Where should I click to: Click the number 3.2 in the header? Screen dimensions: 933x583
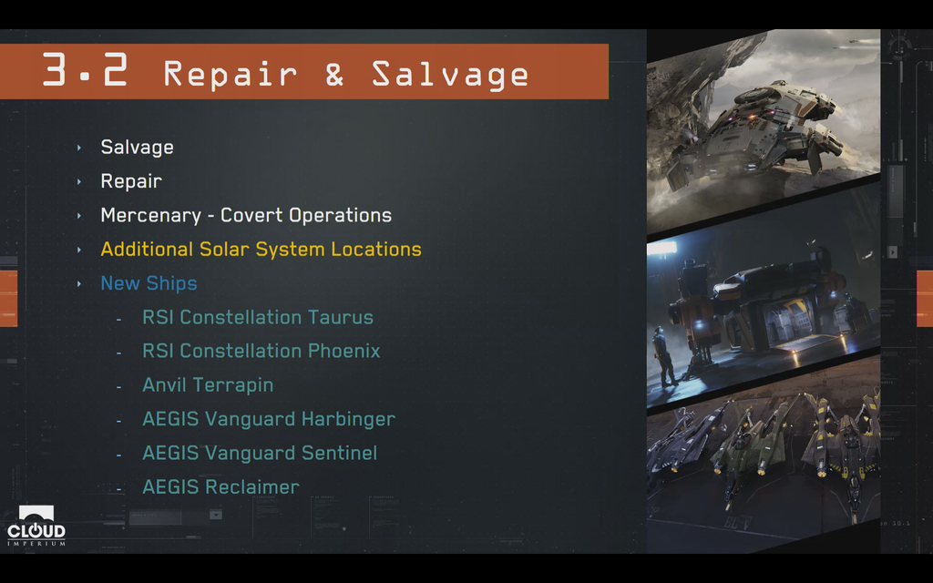pos(85,70)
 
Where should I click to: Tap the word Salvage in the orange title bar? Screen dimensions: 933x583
pos(450,75)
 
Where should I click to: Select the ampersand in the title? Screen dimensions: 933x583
pos(334,74)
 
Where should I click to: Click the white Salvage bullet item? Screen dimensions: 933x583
pos(137,147)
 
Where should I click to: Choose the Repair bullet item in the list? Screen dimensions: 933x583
pos(131,181)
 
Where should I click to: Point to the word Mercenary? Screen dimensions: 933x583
pos(150,215)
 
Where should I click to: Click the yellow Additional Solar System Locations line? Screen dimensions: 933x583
pos(261,250)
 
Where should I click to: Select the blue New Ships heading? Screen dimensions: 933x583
pos(149,283)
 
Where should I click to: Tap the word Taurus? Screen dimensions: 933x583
pos(341,317)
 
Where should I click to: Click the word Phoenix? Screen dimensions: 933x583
pos(343,351)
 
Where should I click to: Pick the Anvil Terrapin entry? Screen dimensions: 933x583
pos(208,385)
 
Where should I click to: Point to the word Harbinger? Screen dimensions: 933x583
pos(348,419)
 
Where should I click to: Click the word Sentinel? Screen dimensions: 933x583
pos(339,453)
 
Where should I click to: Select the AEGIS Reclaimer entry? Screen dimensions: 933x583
pos(220,486)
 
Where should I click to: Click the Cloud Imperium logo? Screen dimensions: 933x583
pos(36,526)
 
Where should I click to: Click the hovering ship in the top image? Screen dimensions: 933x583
pos(755,134)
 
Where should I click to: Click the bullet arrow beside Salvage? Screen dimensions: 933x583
pos(79,148)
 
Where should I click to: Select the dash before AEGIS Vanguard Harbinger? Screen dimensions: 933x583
pos(119,421)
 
